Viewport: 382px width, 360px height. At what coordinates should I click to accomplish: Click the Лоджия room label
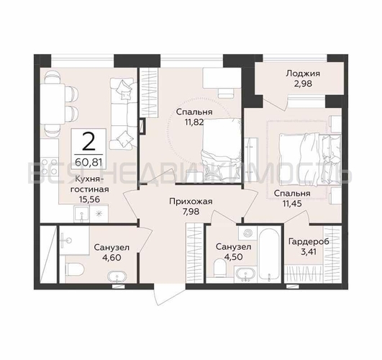(303, 73)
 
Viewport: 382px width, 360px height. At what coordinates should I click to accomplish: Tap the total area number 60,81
(88, 162)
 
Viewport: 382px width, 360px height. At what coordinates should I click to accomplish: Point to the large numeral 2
(88, 142)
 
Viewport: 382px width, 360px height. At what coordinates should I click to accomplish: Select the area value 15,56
(89, 199)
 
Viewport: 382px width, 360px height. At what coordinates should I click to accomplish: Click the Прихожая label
(191, 202)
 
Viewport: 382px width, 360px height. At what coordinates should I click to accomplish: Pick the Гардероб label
(309, 241)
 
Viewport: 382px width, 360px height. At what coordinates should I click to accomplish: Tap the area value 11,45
(292, 203)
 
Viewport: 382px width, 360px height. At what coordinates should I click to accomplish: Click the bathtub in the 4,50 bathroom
(269, 254)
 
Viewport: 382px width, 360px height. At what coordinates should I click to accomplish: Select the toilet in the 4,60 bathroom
(75, 269)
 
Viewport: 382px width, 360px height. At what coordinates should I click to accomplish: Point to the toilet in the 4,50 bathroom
(220, 268)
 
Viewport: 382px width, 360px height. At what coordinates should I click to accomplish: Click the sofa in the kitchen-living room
(123, 114)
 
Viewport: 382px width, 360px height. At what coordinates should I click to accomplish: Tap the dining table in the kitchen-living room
(53, 104)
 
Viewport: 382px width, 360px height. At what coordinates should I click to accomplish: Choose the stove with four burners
(50, 167)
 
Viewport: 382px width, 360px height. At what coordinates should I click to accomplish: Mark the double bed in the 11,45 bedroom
(310, 160)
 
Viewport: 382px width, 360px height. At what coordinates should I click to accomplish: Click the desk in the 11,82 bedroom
(222, 78)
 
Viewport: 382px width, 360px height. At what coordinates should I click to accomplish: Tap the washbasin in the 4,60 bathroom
(117, 276)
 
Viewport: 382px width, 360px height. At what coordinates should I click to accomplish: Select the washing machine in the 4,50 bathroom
(247, 233)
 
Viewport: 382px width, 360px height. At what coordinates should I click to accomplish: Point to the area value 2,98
(303, 84)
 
